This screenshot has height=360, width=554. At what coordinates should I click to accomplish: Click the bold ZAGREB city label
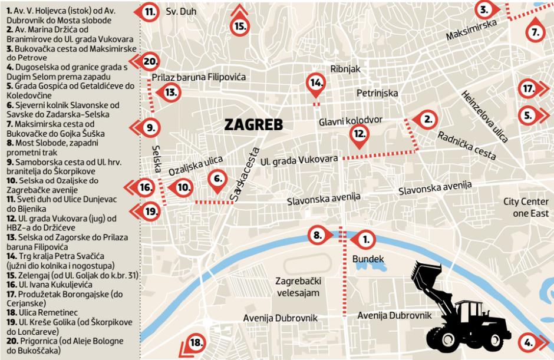pyautogui.click(x=253, y=125)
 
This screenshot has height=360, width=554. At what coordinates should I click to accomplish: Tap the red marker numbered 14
pyautogui.click(x=316, y=83)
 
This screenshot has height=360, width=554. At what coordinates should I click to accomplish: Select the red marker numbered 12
pyautogui.click(x=359, y=134)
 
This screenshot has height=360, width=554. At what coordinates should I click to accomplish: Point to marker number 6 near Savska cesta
pyautogui.click(x=217, y=179)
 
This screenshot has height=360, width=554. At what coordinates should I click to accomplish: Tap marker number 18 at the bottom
pyautogui.click(x=196, y=344)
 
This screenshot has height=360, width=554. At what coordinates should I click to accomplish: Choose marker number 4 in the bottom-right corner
pyautogui.click(x=529, y=342)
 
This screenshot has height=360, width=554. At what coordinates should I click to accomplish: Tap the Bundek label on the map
pyautogui.click(x=368, y=259)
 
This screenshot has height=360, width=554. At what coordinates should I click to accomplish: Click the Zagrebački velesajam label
pyautogui.click(x=298, y=286)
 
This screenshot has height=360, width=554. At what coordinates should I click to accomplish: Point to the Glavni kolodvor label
pyautogui.click(x=351, y=120)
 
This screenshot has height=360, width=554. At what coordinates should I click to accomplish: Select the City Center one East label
pyautogui.click(x=526, y=207)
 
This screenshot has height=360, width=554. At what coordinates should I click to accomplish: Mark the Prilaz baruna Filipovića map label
pyautogui.click(x=199, y=77)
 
